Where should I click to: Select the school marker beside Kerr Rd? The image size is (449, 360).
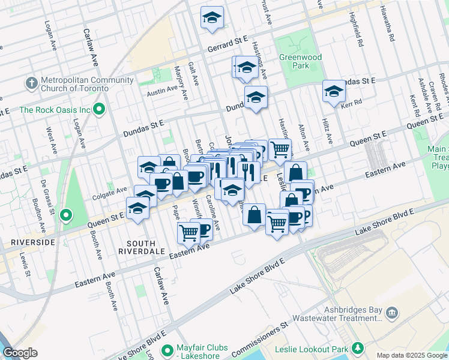(334, 91)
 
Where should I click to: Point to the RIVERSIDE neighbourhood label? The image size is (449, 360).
(32, 242)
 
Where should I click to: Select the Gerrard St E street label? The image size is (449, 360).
(228, 39)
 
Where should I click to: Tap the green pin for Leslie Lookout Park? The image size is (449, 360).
(358, 348)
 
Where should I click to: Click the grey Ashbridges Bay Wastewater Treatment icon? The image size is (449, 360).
(392, 312)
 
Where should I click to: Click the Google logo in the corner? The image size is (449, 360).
(20, 353)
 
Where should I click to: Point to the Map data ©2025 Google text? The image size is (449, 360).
(411, 355)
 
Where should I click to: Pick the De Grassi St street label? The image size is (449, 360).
(47, 196)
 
